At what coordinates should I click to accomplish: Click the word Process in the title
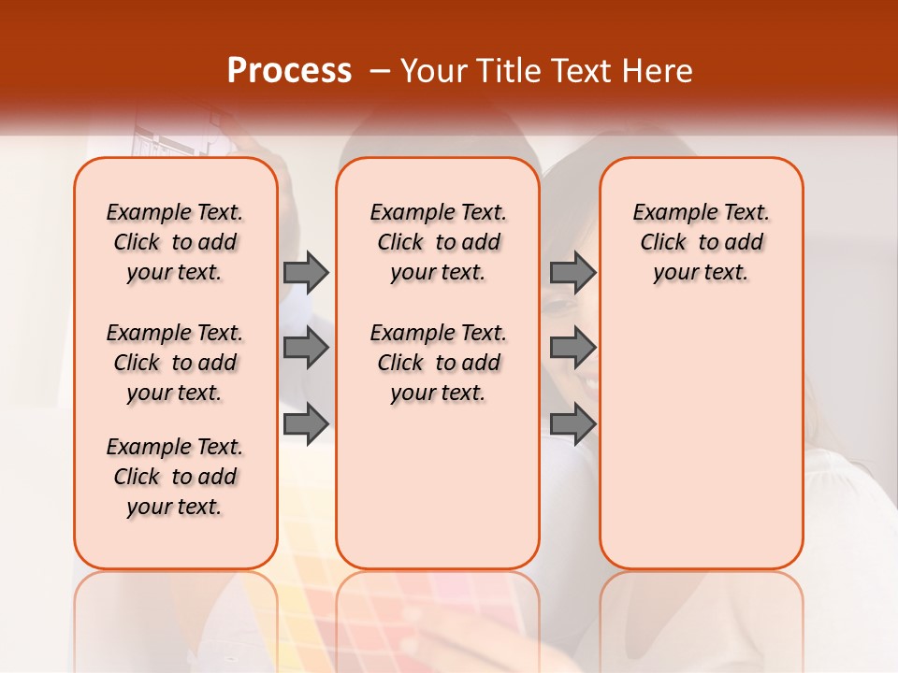pos(289,71)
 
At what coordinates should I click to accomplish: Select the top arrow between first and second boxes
pos(306,272)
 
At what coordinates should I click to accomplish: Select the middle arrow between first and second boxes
pos(306,348)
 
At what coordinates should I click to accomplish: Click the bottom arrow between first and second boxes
pos(306,423)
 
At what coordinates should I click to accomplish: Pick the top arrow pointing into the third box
pos(572,272)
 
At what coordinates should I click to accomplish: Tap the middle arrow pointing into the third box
pos(572,348)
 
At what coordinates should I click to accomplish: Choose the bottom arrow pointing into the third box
pos(572,423)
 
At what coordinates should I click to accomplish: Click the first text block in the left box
pos(175,242)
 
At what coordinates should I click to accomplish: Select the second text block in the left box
pos(175,363)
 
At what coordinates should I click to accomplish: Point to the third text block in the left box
pos(175,477)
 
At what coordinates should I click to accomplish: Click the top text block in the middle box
pos(439,242)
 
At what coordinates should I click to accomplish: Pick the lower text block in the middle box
pos(439,363)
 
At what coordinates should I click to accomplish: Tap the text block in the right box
pos(702,242)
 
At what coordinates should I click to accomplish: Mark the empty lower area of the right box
pos(702,439)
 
